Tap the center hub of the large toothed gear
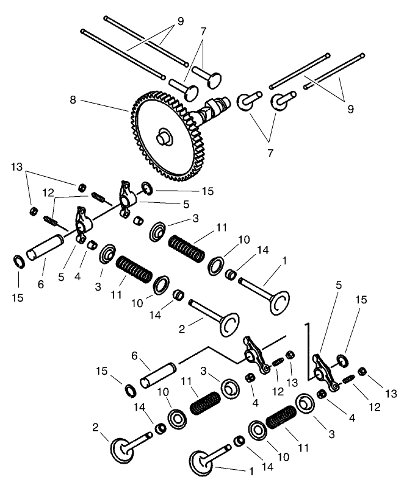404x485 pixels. point(164,136)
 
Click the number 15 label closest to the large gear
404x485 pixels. point(208,191)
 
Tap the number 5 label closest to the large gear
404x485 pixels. point(186,204)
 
